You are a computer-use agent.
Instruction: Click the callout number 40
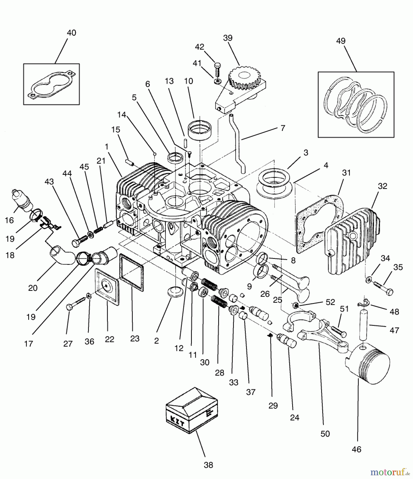pos(71,33)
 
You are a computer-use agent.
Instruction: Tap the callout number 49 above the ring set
pos(341,41)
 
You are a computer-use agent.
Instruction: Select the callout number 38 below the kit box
pos(208,465)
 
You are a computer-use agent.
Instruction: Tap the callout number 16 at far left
pos(9,220)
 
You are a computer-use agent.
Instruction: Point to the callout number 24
pos(295,417)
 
